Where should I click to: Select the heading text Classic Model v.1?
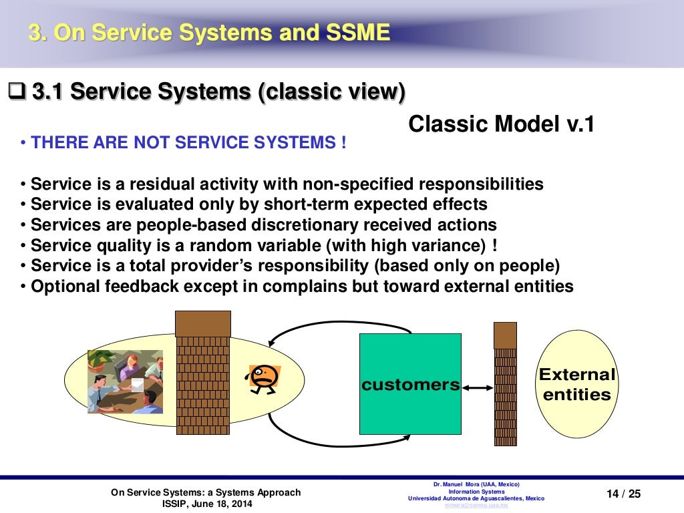tap(500, 124)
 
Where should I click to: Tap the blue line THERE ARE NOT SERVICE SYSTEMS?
tap(188, 143)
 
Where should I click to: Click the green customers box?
tap(410, 384)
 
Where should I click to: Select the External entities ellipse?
tap(576, 384)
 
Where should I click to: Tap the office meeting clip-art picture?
tap(125, 381)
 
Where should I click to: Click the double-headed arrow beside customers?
tap(476, 387)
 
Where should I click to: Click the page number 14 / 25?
tap(623, 494)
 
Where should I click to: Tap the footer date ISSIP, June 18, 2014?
tap(207, 504)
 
